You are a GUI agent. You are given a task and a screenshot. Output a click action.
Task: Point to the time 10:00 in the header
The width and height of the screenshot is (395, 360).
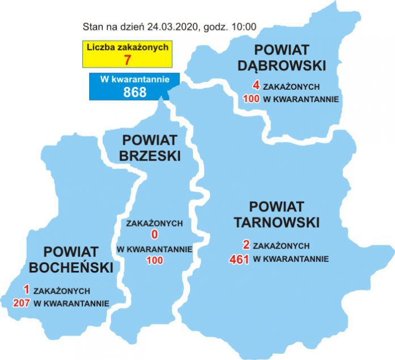coord(245,26)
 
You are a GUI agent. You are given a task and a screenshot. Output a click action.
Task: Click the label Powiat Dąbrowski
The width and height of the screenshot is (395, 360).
coord(289,57)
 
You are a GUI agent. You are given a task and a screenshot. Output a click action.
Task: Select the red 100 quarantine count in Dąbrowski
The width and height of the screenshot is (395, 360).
coord(250,99)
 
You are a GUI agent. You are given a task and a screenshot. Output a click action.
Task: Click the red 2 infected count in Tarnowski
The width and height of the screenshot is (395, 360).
coord(246,246)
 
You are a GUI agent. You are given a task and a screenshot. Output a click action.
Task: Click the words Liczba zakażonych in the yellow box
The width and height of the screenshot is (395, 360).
coord(127,47)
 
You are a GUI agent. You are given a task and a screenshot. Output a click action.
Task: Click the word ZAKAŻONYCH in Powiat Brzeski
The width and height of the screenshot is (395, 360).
coord(154,224)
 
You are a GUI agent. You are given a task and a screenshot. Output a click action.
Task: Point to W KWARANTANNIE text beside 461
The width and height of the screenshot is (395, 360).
coord(291,259)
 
